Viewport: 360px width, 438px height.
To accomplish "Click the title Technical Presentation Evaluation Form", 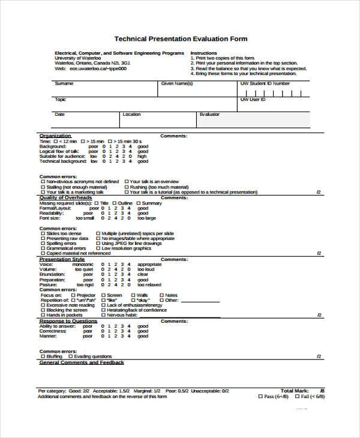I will pos(180,38).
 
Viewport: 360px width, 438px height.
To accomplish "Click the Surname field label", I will pos(64,84).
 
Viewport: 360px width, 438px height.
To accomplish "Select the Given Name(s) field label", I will pos(177,84).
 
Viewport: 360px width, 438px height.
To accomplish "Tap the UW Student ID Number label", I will pos(265,84).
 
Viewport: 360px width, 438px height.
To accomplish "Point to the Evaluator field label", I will pos(210,114).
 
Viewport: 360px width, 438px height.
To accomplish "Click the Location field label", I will pos(131,114).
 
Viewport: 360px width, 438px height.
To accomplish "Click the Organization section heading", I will pos(55,136).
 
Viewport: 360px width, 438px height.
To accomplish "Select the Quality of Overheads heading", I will pos(65,197).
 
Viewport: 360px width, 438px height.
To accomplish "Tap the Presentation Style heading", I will pos(61,259).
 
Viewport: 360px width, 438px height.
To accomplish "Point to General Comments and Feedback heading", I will pos(82,362).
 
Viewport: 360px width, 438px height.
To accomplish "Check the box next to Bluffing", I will pos(42,356).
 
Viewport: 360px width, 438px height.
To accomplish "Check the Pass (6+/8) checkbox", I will pos(260,396).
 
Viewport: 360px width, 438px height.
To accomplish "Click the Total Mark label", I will pos(294,390).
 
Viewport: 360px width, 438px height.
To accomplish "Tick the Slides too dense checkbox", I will pos(42,233).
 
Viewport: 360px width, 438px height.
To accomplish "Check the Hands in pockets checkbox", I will pos(42,315).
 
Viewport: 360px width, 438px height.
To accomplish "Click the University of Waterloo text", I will pos(76,58).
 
